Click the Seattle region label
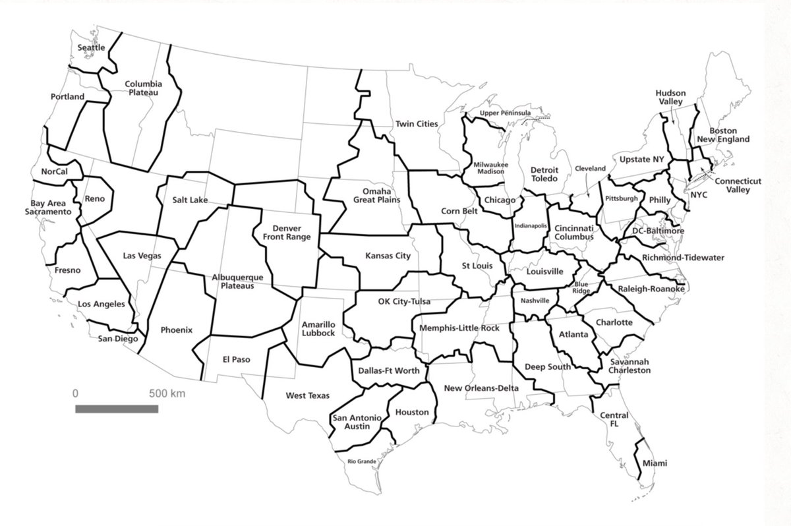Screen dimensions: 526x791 92,47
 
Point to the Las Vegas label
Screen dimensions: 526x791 142,256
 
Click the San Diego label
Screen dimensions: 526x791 118,339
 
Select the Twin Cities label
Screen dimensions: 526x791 417,124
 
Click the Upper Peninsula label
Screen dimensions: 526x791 505,113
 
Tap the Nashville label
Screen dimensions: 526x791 535,301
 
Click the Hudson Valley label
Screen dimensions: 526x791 671,98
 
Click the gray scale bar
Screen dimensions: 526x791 117,409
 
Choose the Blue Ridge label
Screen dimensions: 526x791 581,287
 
